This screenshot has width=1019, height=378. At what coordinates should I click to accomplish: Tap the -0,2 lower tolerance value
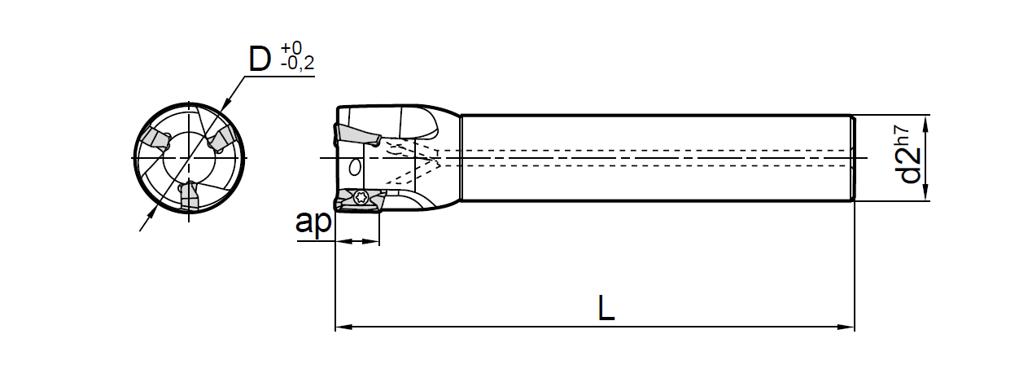[297, 65]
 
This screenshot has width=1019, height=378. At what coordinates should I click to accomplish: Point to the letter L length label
[606, 308]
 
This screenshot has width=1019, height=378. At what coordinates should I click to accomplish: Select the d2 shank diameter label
[911, 166]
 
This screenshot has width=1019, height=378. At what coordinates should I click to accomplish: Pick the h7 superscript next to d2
[901, 135]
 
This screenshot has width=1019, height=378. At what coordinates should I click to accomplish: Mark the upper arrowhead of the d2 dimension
[925, 122]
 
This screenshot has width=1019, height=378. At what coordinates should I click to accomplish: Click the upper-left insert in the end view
[154, 142]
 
